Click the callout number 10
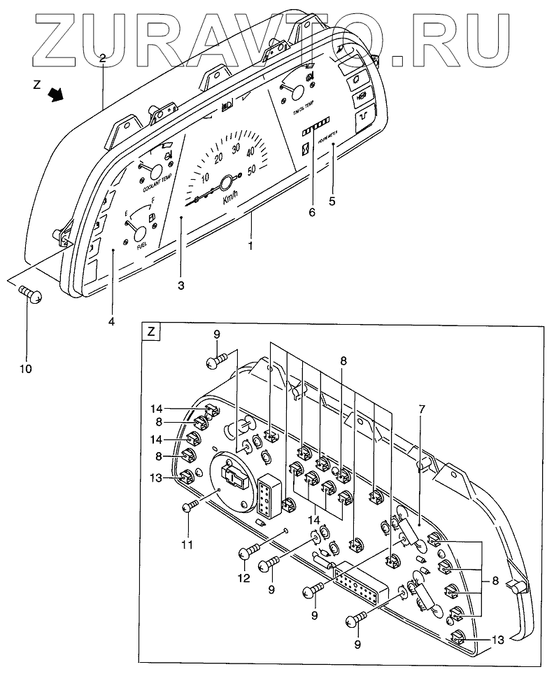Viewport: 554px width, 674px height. [x=29, y=367]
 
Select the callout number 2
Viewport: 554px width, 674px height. [x=102, y=59]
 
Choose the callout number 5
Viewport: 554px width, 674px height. [x=332, y=202]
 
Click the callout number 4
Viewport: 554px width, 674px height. [x=111, y=321]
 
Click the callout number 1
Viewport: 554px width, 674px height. [x=250, y=245]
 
